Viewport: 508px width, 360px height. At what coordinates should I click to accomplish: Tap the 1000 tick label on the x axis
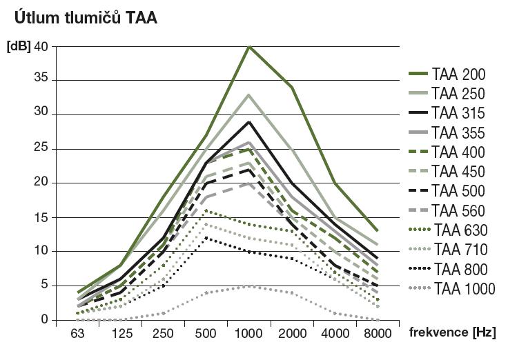[248, 334]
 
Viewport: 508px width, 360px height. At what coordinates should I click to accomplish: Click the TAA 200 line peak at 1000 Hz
[248, 46]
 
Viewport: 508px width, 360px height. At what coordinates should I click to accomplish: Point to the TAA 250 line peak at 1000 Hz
[248, 94]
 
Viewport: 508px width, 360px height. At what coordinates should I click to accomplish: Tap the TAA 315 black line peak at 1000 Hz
[248, 121]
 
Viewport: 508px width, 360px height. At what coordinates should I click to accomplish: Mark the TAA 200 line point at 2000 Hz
[291, 88]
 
